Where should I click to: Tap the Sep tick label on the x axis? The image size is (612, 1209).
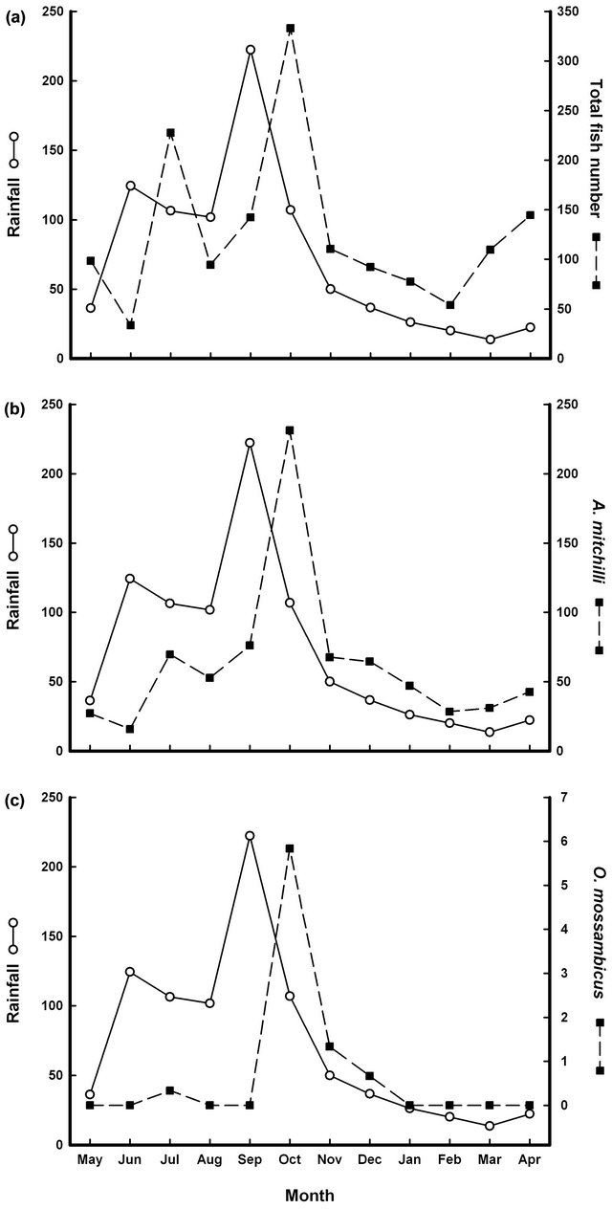[250, 1160]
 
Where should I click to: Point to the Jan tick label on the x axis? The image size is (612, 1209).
[410, 1160]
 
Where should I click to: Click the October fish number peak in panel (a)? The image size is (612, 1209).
[290, 29]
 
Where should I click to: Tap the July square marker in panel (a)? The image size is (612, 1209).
[170, 133]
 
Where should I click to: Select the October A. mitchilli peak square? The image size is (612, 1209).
[290, 430]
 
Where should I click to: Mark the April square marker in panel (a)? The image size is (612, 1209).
[530, 215]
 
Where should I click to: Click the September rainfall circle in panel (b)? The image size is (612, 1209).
[250, 443]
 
